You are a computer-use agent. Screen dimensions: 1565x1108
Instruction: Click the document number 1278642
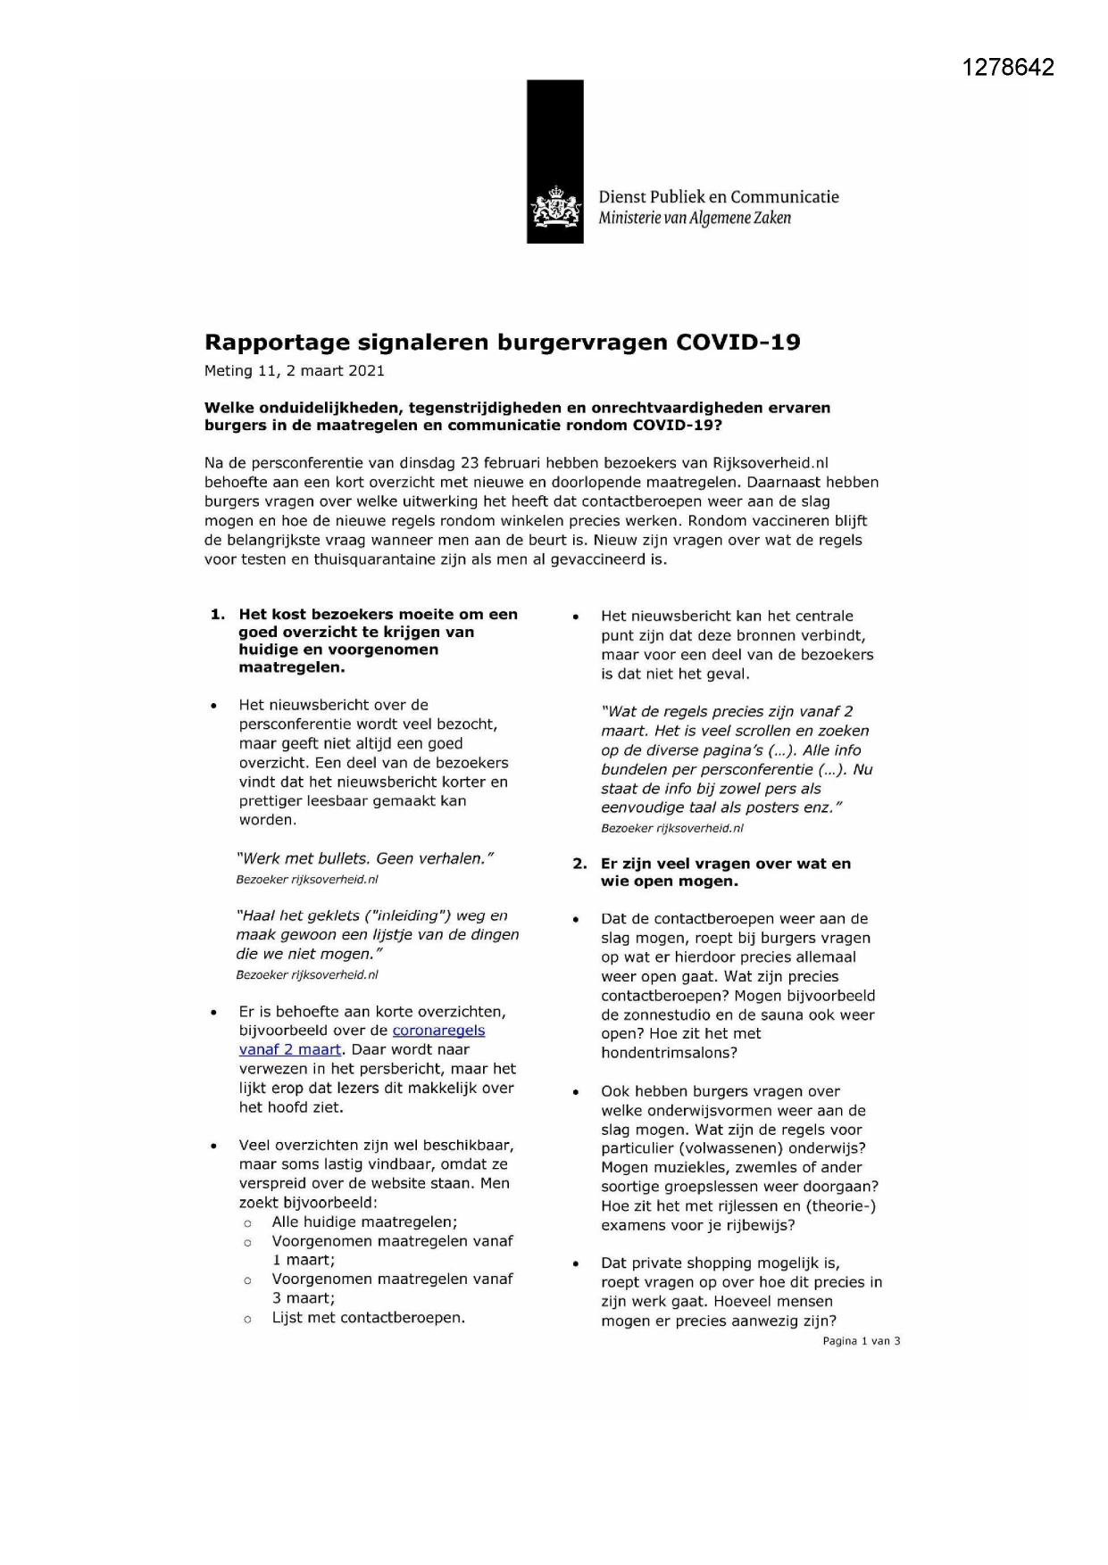(1008, 68)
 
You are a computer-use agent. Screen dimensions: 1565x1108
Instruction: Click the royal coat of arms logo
(554, 208)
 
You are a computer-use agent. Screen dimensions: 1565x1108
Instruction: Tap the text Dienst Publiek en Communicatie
(718, 197)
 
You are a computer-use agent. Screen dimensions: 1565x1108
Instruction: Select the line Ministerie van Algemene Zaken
(695, 219)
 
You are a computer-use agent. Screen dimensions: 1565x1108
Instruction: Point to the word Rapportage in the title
(277, 343)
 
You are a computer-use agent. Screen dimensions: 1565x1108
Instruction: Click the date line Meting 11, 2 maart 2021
(294, 371)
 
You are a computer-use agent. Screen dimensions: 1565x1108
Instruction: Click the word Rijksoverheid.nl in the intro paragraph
(771, 463)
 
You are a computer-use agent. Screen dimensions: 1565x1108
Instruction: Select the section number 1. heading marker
(217, 615)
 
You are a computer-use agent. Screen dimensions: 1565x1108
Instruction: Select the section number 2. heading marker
(579, 864)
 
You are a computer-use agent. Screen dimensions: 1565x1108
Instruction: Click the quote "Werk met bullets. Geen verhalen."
(364, 859)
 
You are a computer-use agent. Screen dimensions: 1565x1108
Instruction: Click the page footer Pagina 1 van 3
(861, 1341)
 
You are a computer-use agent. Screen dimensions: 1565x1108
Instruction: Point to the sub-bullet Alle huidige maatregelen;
(364, 1222)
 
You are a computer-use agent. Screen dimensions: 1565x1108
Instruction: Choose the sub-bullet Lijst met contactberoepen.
(368, 1318)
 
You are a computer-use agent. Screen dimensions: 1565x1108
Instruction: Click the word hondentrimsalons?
(669, 1054)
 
